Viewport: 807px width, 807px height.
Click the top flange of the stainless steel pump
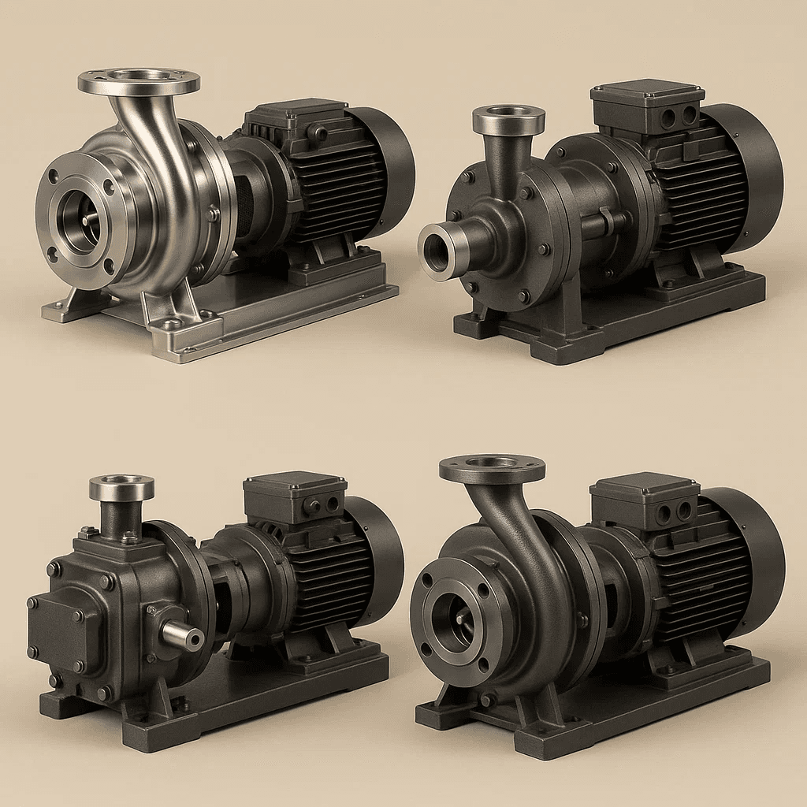pos(139,82)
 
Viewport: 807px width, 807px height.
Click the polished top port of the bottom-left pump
pos(121,489)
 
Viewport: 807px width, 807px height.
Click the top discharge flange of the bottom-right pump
pos(492,468)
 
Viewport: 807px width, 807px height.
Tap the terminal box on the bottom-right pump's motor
pos(645,499)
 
